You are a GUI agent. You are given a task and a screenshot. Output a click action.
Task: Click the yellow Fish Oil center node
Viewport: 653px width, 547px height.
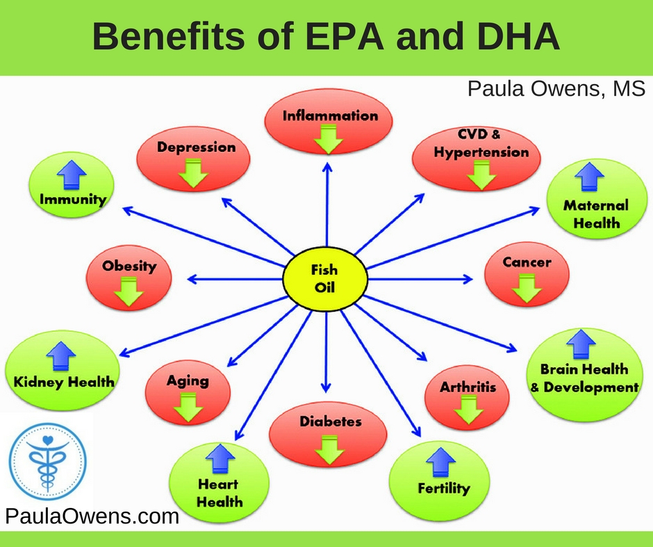[325, 278]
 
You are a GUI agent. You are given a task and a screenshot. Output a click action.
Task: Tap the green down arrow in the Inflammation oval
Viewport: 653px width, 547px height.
[328, 140]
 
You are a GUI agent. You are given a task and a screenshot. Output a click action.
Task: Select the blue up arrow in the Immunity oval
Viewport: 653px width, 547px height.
[72, 175]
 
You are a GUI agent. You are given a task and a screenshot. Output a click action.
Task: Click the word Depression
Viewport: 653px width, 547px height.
[196, 147]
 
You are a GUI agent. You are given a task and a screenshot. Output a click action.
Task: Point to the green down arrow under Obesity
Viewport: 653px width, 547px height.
[129, 292]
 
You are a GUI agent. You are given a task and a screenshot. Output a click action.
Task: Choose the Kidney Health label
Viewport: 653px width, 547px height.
[64, 382]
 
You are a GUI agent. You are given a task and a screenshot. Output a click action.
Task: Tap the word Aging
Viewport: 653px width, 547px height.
[188, 380]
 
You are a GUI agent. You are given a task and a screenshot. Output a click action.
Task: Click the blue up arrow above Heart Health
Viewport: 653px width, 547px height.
[220, 458]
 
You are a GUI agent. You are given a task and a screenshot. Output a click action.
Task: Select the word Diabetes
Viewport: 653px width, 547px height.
[330, 421]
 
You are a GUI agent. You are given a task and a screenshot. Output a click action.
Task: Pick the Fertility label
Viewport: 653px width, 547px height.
[444, 488]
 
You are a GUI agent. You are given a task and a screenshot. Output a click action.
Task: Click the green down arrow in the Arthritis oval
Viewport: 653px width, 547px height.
[468, 410]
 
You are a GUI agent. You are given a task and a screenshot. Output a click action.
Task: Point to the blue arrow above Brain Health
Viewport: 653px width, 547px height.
[581, 344]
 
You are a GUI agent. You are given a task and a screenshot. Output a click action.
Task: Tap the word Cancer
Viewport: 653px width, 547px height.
[527, 262]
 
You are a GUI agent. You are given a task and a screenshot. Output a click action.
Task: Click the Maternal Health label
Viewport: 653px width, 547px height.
[596, 214]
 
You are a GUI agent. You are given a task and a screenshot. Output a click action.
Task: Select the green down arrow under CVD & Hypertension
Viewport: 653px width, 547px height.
[481, 176]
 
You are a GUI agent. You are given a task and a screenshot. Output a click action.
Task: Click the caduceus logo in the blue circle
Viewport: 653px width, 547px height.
[48, 462]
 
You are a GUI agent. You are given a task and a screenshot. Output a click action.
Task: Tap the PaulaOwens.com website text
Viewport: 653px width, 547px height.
[92, 516]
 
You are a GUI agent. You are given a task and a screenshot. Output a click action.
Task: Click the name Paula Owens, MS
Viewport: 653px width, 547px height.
[556, 89]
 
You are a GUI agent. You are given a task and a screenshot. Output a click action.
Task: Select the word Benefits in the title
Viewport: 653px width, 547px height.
[169, 36]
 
